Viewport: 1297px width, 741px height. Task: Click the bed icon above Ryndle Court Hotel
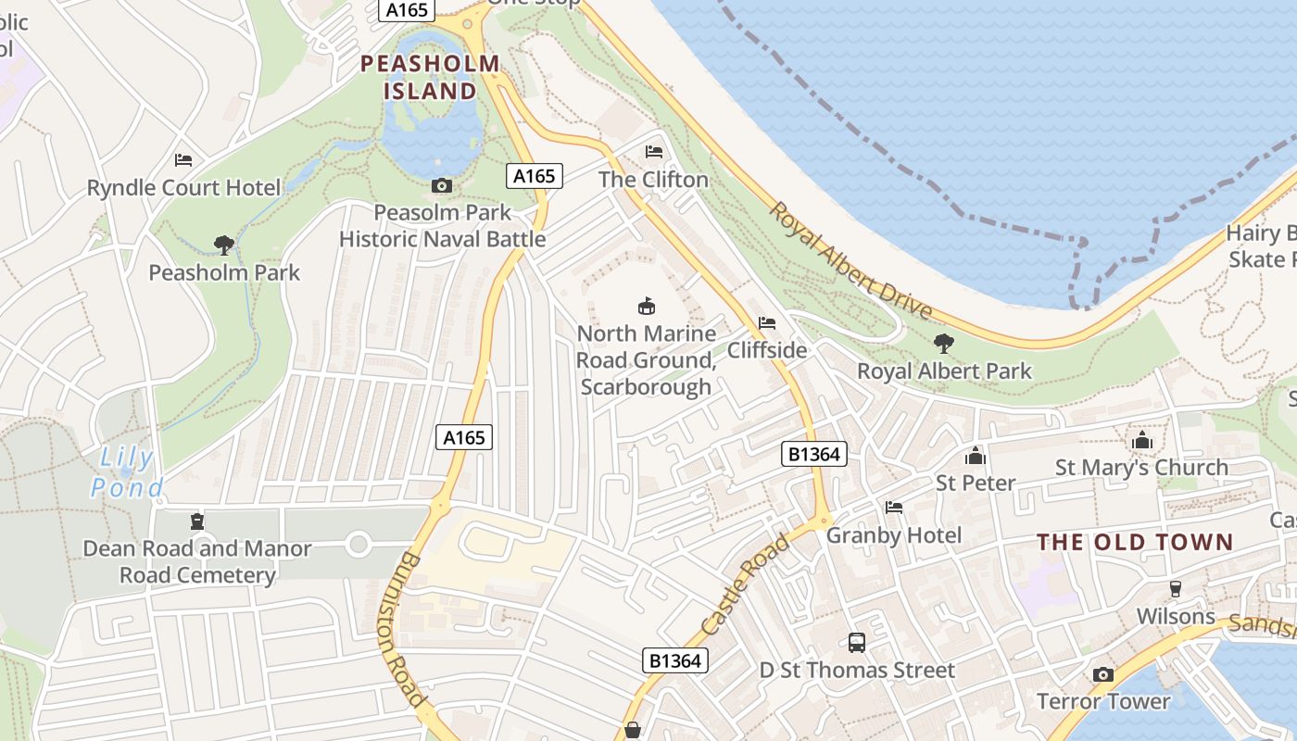coord(183,160)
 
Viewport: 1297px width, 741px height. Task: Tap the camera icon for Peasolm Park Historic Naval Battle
coord(442,185)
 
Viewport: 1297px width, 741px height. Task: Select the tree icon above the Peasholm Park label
coord(223,245)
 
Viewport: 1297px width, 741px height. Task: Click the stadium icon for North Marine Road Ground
coord(646,306)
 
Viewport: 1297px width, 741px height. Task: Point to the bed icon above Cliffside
coord(766,323)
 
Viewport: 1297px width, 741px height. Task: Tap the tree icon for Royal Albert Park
coord(944,344)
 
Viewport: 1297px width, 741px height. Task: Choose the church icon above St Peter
coord(975,456)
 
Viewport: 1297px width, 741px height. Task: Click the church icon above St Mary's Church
coord(1141,440)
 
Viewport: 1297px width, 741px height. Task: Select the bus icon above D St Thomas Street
coord(857,642)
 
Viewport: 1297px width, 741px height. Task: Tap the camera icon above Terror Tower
coord(1102,674)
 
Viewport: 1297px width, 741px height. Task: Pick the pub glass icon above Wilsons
coord(1176,589)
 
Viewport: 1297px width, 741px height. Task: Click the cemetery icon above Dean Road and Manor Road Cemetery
coord(196,521)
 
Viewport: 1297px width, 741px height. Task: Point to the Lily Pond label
coord(127,471)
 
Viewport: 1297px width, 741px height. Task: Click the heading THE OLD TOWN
coord(1135,542)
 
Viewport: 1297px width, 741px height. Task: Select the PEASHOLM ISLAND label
coord(430,77)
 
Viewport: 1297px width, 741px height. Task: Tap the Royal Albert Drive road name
coord(850,261)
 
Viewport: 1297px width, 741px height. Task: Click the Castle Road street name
coord(746,585)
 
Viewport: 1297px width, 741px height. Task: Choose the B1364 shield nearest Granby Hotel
coord(814,453)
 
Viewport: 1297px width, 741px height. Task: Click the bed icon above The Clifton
coord(654,152)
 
